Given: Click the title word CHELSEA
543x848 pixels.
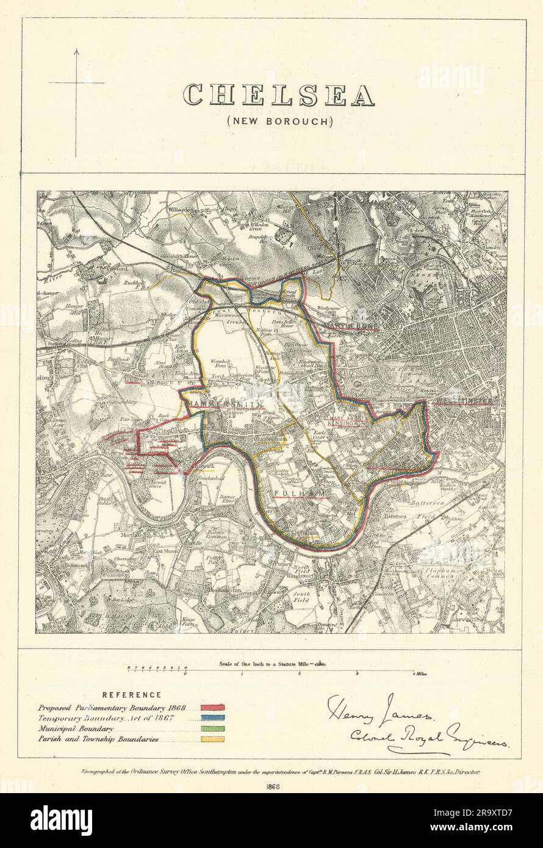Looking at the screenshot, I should [x=279, y=95].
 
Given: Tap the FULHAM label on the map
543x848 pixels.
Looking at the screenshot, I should [x=294, y=492].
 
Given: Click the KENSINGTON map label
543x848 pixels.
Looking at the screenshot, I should [x=347, y=422].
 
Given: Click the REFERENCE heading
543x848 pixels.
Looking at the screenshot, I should [x=132, y=695].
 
